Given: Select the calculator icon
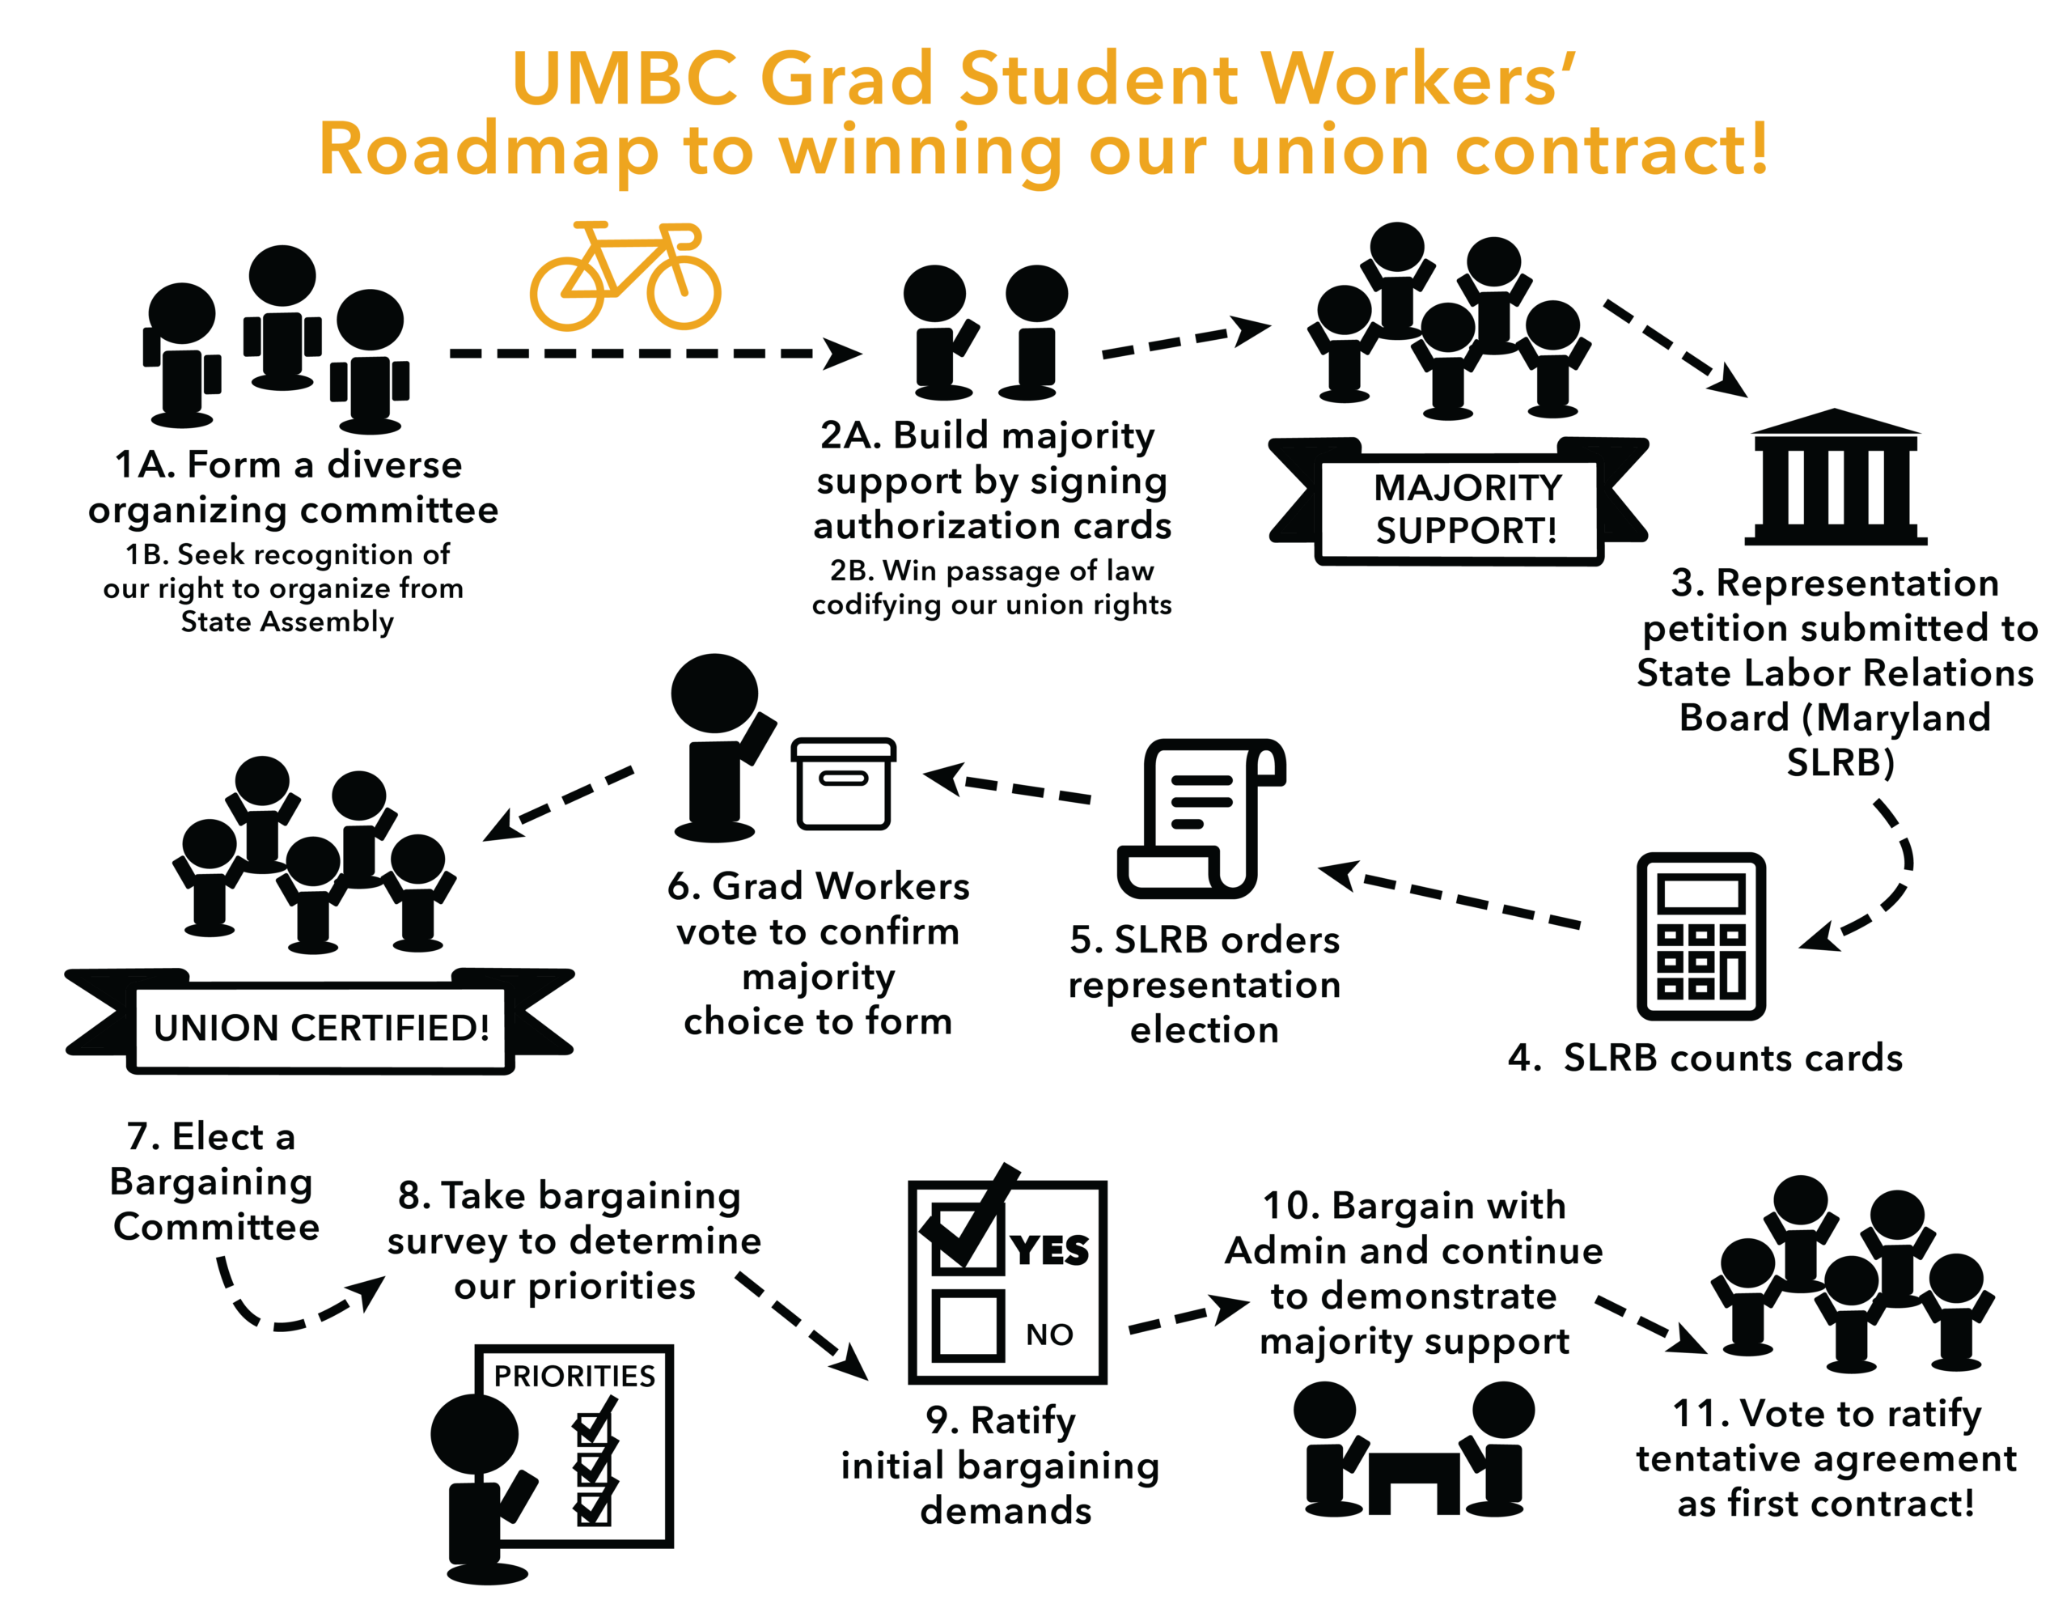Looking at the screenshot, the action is click(x=1701, y=936).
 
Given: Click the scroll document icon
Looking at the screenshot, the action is click(x=1202, y=818).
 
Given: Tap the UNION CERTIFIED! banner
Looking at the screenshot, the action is click(x=320, y=1021).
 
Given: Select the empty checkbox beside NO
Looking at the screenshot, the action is click(x=968, y=1326).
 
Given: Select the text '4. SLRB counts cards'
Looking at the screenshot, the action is click(x=1705, y=1057).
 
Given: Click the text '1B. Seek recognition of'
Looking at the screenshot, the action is click(x=287, y=554).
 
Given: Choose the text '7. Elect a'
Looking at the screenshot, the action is click(x=210, y=1136).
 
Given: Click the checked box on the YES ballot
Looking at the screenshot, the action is click(x=966, y=1234).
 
